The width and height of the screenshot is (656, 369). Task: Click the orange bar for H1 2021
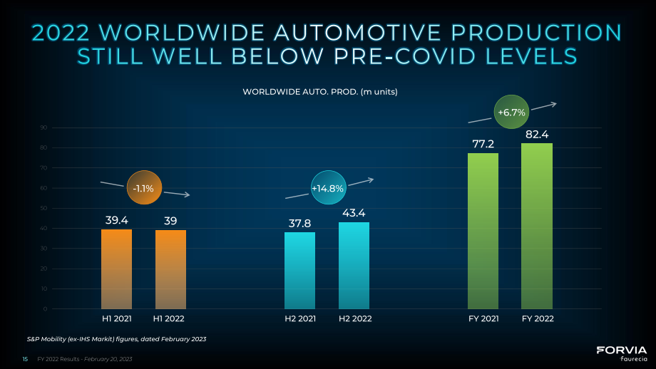coord(116,269)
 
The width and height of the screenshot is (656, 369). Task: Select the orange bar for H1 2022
coord(170,269)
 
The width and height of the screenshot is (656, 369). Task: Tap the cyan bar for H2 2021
coord(299,271)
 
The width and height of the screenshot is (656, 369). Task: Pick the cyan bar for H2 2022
coord(354,266)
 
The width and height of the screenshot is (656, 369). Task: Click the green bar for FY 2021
coord(483,231)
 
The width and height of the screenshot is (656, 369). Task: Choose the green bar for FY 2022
coord(537,226)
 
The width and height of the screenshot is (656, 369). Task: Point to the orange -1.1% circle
coord(144,187)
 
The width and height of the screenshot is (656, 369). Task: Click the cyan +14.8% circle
coord(329,187)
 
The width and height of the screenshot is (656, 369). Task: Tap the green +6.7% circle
coord(511,112)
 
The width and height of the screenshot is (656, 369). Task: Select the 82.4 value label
coord(537,134)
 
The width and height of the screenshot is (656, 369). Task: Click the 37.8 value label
coord(299,223)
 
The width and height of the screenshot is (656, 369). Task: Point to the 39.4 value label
coord(117,220)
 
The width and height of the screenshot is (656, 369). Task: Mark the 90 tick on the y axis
coord(44,128)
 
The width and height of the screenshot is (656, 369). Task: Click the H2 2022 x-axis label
coord(355,318)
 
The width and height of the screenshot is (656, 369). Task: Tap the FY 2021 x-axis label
coord(483,318)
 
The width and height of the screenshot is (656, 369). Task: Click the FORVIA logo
coord(622,353)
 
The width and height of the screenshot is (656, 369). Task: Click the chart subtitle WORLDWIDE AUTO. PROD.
coord(300,91)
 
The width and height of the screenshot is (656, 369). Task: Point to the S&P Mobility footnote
coord(116,339)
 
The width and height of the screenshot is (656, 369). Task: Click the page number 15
coord(25,359)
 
